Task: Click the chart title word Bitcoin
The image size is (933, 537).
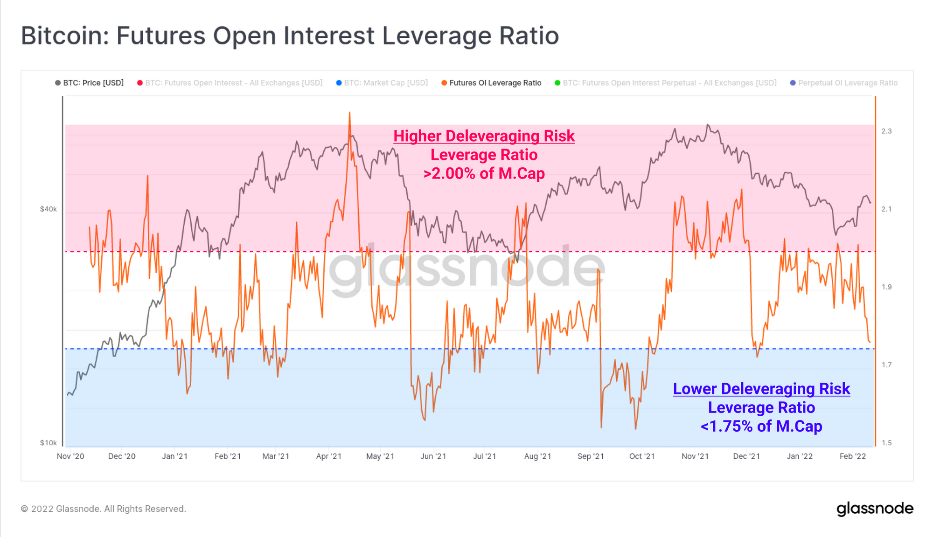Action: (x=64, y=36)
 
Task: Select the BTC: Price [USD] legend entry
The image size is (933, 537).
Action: (x=89, y=83)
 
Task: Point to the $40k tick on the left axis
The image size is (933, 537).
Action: (x=49, y=209)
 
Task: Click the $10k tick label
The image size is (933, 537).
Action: (x=49, y=443)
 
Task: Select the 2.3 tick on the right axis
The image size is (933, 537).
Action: (x=886, y=131)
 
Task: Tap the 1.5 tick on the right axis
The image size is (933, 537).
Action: (x=886, y=443)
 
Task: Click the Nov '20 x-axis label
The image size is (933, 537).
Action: (x=70, y=456)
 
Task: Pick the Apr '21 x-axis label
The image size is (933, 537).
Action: (x=329, y=456)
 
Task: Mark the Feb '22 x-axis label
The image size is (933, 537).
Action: (x=852, y=456)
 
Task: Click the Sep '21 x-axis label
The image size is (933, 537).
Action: (x=591, y=456)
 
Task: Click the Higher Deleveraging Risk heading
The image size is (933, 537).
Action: (x=484, y=136)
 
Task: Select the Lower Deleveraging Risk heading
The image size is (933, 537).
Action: (x=761, y=389)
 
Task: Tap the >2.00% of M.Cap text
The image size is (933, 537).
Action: (x=484, y=173)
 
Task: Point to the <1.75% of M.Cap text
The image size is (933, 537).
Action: (x=761, y=426)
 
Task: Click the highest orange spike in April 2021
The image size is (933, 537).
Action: (x=349, y=113)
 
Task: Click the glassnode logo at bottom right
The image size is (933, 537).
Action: (x=875, y=509)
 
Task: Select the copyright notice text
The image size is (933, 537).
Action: (x=104, y=509)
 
